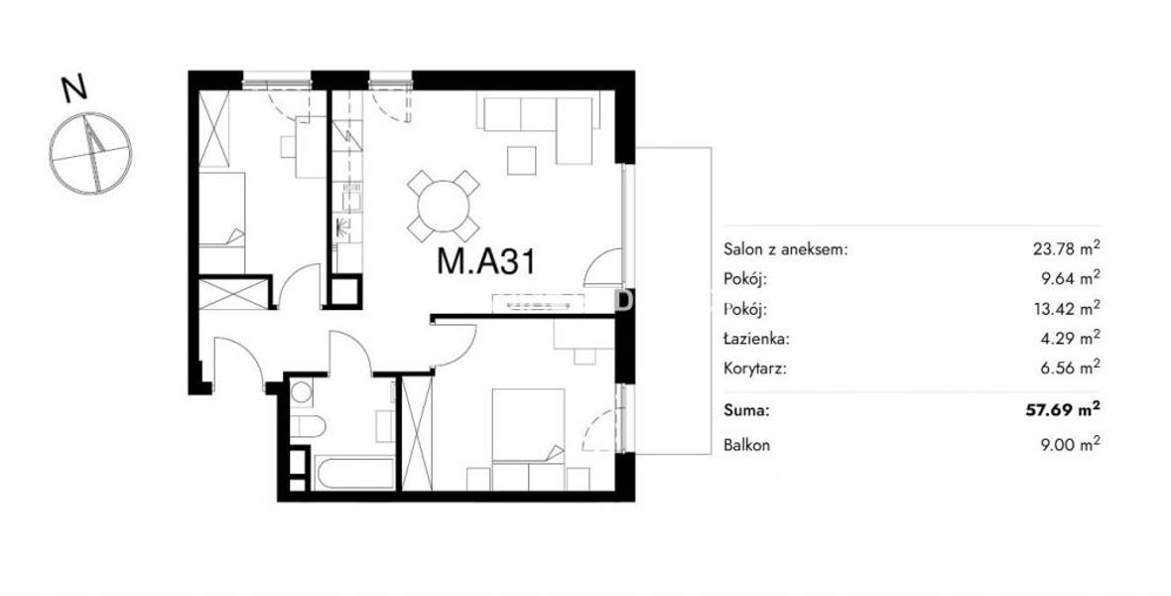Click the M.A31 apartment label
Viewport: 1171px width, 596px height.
485,262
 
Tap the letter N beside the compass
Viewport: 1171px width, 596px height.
74,89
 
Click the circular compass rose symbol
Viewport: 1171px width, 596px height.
91,153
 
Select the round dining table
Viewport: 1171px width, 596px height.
444,206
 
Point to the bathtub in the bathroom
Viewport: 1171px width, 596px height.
354,474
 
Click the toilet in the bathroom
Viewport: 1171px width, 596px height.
307,426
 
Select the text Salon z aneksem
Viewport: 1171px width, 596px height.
786,249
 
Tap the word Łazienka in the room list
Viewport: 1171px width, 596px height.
756,339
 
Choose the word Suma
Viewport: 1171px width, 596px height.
745,410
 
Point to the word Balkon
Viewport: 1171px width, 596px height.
747,446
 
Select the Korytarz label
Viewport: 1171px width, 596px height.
755,369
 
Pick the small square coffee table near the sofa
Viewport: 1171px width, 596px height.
521,160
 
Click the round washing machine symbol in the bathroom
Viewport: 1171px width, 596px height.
302,391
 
